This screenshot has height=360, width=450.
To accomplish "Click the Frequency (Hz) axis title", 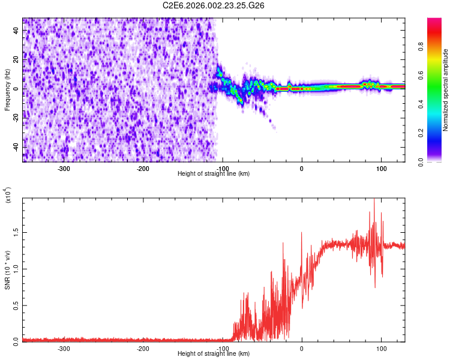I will point(7,89).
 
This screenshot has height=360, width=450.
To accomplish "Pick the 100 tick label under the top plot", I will point(381,168).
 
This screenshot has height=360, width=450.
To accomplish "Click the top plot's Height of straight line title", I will point(214,174).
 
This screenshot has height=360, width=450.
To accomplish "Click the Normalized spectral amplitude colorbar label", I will point(446,90).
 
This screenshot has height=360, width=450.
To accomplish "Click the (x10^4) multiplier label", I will point(8,196).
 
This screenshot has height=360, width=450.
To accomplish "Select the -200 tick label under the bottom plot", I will point(142,348).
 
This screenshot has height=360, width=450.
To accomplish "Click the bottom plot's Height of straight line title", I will point(214,354).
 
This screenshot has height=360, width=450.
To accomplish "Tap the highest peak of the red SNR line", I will point(374,200).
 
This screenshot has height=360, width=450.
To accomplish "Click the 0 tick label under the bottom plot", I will point(302,348).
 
